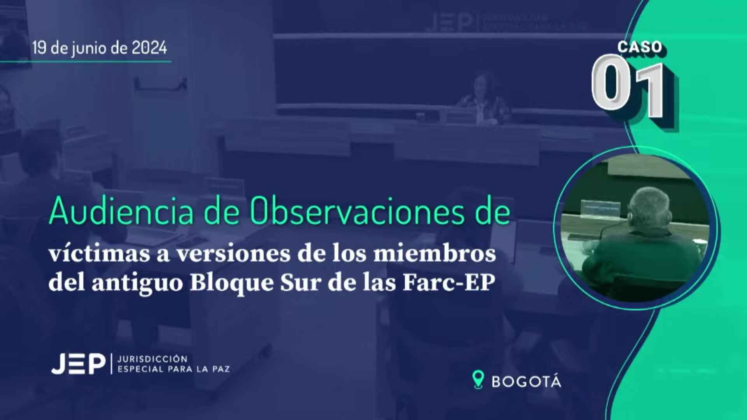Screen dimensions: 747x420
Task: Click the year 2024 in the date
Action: click(149, 48)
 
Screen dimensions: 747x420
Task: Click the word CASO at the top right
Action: click(640, 47)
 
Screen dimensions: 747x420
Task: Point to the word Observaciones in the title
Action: click(357, 211)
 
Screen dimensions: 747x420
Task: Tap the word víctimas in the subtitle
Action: click(99, 254)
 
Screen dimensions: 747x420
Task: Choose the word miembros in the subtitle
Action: click(435, 254)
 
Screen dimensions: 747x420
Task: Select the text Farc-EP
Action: click(449, 283)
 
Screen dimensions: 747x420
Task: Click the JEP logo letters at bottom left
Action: click(78, 364)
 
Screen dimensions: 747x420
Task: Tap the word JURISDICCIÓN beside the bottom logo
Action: click(152, 359)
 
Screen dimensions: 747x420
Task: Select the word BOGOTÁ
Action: click(526, 382)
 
